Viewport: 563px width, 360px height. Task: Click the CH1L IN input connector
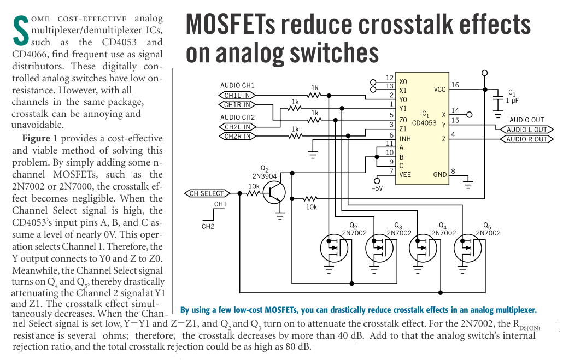237,96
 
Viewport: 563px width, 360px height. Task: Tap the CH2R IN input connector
237,137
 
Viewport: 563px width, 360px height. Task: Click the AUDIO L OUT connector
527,129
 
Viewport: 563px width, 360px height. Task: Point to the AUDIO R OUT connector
527,139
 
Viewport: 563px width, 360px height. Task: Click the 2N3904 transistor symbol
274,193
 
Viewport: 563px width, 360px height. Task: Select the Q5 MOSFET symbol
468,248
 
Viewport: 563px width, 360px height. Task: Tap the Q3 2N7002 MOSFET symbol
379,248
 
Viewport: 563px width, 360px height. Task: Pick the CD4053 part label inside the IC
424,123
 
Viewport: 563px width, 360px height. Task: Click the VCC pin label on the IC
439,90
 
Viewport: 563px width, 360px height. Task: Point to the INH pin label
405,139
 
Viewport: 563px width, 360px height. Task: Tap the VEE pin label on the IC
405,175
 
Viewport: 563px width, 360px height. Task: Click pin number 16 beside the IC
455,85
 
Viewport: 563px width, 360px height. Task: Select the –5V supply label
377,188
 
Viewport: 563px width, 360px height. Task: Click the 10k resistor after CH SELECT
254,193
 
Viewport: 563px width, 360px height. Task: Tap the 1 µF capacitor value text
512,101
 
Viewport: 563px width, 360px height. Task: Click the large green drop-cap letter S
20,31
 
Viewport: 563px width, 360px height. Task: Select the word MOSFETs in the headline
231,25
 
